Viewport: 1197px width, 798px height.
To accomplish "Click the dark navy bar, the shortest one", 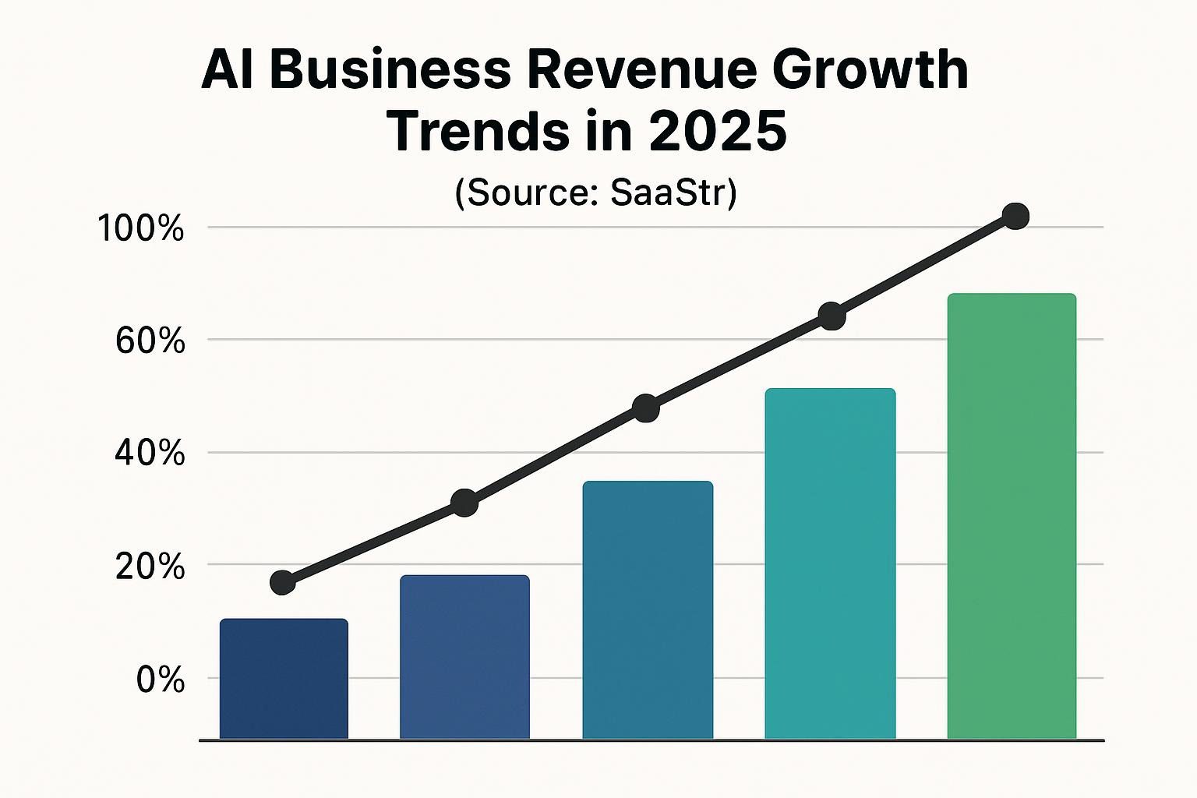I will [284, 678].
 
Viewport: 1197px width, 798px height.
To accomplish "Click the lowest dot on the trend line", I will [282, 582].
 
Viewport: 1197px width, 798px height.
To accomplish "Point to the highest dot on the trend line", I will [1015, 216].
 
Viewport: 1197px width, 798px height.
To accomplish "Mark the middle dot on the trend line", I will [646, 408].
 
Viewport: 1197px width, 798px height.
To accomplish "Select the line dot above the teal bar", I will [832, 316].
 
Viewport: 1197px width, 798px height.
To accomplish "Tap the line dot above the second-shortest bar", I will [464, 503].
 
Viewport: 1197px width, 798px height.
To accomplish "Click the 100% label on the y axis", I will [140, 229].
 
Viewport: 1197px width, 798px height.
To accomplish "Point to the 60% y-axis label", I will [150, 341].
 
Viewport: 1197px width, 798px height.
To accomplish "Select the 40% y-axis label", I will [150, 453].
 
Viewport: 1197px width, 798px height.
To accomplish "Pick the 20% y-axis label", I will [150, 567].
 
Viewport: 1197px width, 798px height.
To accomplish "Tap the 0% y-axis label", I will [161, 680].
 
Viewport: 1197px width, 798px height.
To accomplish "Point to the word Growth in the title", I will [870, 70].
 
